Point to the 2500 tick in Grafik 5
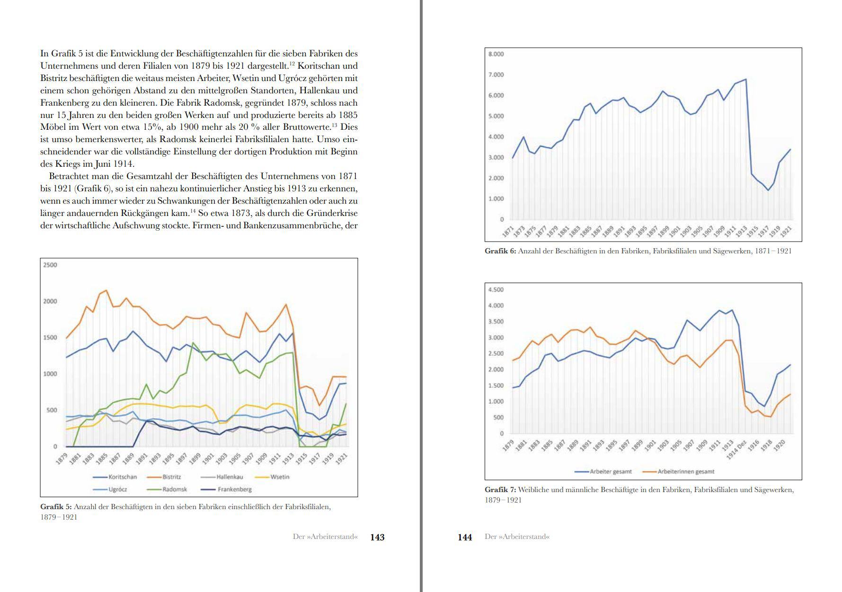[50, 265]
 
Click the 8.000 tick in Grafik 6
[496, 54]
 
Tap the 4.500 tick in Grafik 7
[496, 289]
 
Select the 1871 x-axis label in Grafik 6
[508, 232]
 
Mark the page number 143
[377, 537]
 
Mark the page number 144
[465, 537]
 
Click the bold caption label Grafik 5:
[56, 507]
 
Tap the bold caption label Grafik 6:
[500, 251]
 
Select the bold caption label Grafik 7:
[500, 490]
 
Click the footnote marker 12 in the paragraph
[292, 63]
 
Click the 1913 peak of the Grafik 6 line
[746, 79]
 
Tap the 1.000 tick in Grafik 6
[496, 198]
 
